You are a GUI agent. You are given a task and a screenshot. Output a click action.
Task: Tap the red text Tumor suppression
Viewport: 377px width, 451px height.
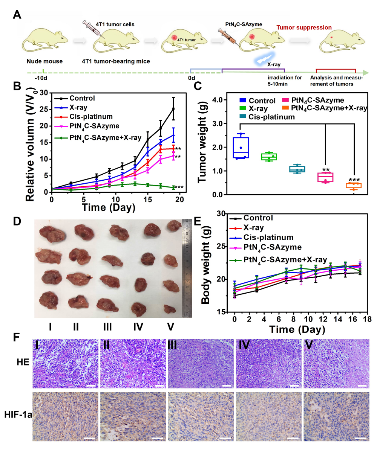pos(304,27)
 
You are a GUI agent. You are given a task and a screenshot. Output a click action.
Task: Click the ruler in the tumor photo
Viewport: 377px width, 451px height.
pos(187,267)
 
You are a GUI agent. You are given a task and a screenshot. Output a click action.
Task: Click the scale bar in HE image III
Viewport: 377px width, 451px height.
pos(226,386)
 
